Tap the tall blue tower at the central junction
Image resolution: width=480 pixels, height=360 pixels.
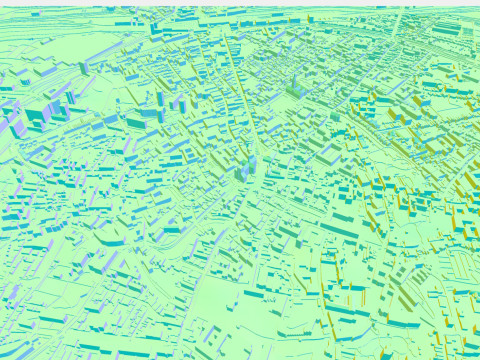pos(247,168)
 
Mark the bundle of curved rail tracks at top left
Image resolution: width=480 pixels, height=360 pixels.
pos(60,70)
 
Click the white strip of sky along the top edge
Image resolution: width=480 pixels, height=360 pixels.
pos(240,3)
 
